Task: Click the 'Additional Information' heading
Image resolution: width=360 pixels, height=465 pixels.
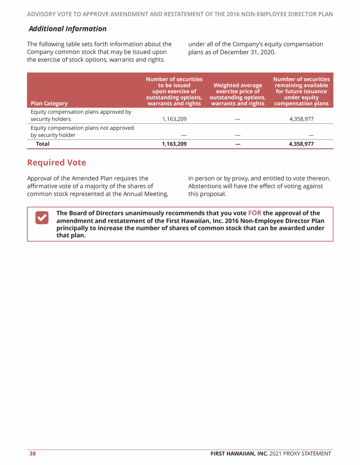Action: pos(67,29)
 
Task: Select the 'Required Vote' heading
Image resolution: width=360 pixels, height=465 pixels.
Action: pos(57,162)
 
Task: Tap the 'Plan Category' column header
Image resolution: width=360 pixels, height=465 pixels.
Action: pos(49,103)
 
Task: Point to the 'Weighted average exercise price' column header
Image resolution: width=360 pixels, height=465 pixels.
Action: pos(238,94)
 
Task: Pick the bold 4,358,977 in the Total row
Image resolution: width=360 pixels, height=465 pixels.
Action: pos(301,144)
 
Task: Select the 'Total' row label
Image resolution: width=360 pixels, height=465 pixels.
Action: pos(43,144)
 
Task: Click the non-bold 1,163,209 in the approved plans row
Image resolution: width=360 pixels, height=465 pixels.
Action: pos(174,119)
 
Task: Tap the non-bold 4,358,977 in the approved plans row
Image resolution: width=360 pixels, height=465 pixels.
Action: pos(301,119)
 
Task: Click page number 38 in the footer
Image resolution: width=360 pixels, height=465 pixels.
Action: pos(33,453)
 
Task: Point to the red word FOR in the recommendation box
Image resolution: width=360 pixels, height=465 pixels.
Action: pos(255,213)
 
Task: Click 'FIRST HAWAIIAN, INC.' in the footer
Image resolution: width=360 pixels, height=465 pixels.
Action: pos(239,453)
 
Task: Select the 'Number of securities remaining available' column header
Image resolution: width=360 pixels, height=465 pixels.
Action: pos(301,91)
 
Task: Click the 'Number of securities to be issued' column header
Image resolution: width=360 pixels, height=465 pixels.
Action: pos(174,91)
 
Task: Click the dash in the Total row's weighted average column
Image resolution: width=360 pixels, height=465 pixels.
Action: pos(238,144)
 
